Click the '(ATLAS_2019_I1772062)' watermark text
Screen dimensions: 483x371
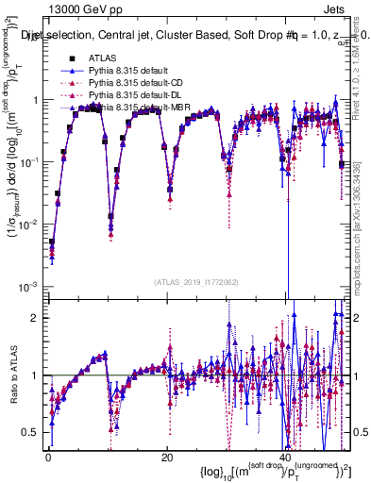[x=195, y=282]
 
